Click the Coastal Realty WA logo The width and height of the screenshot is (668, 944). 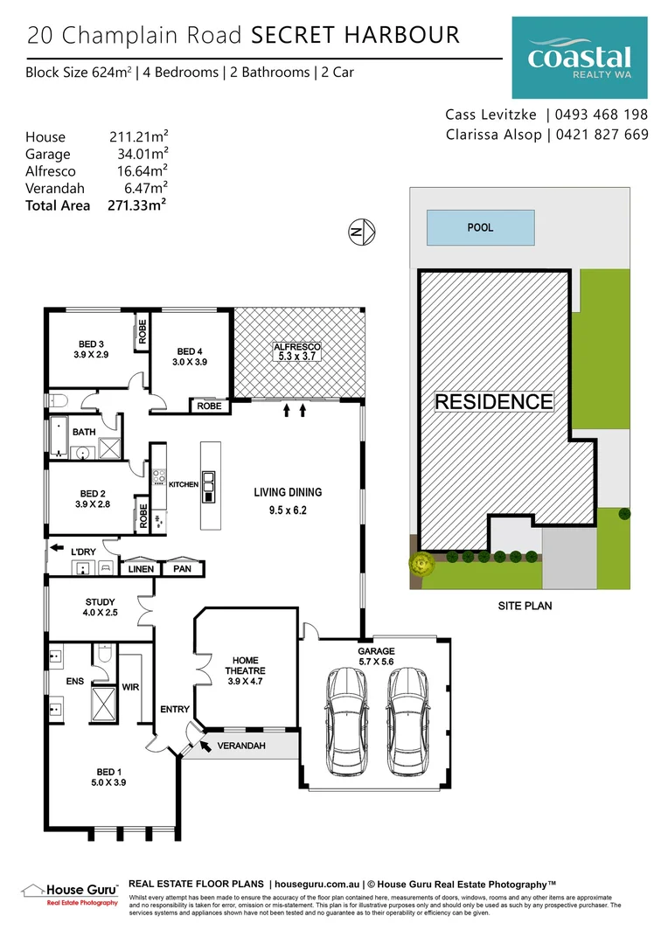[580, 58]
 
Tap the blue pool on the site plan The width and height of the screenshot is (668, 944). [480, 227]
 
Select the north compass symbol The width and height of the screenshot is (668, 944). [362, 232]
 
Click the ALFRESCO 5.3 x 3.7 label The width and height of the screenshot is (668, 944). [299, 351]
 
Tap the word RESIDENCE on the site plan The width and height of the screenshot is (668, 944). [494, 402]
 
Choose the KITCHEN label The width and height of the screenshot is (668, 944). [184, 484]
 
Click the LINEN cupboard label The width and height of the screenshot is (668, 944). [141, 569]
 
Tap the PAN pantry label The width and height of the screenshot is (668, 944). [184, 569]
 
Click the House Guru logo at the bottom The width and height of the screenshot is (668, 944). [69, 893]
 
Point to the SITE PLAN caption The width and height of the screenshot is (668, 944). [525, 605]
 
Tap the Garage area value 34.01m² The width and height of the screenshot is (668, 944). [143, 154]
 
